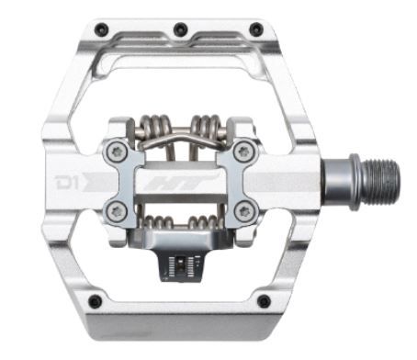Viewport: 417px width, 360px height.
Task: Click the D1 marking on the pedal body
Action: (66, 183)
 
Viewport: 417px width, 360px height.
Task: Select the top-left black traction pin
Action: (102, 28)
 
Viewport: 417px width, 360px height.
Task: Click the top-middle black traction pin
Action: (180, 29)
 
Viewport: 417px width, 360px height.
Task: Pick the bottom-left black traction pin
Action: (96, 301)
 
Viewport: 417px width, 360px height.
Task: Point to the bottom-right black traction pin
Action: (264, 301)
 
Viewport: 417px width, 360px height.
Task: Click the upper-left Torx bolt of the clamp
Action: (117, 152)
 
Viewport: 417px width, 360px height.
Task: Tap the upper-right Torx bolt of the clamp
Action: (244, 151)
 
